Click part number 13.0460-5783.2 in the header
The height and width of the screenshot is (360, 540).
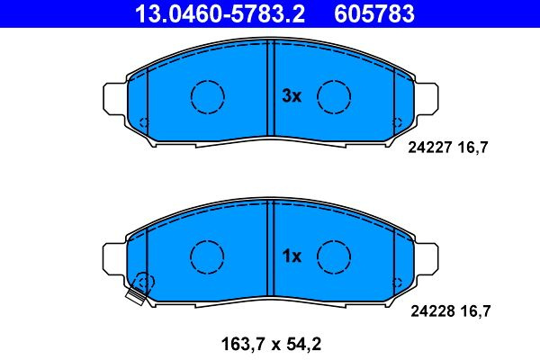(220, 13)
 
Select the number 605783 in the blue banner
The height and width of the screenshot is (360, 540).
(374, 13)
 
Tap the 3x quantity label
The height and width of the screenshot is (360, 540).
(292, 95)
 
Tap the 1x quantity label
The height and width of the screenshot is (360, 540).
(292, 256)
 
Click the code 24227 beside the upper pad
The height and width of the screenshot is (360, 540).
(430, 148)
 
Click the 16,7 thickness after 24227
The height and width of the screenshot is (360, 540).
(473, 148)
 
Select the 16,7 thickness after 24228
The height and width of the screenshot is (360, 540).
(475, 311)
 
